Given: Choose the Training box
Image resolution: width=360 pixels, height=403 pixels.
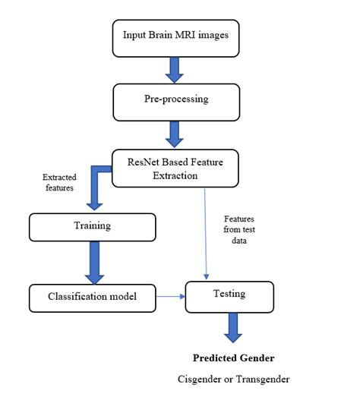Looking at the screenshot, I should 91,225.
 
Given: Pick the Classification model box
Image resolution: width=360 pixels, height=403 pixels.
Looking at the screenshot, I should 93,296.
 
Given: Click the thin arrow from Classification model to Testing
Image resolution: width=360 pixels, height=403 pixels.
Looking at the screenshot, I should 172,296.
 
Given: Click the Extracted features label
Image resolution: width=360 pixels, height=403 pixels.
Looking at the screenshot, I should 58,182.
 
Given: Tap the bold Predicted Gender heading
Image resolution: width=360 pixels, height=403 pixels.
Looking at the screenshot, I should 234,357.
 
